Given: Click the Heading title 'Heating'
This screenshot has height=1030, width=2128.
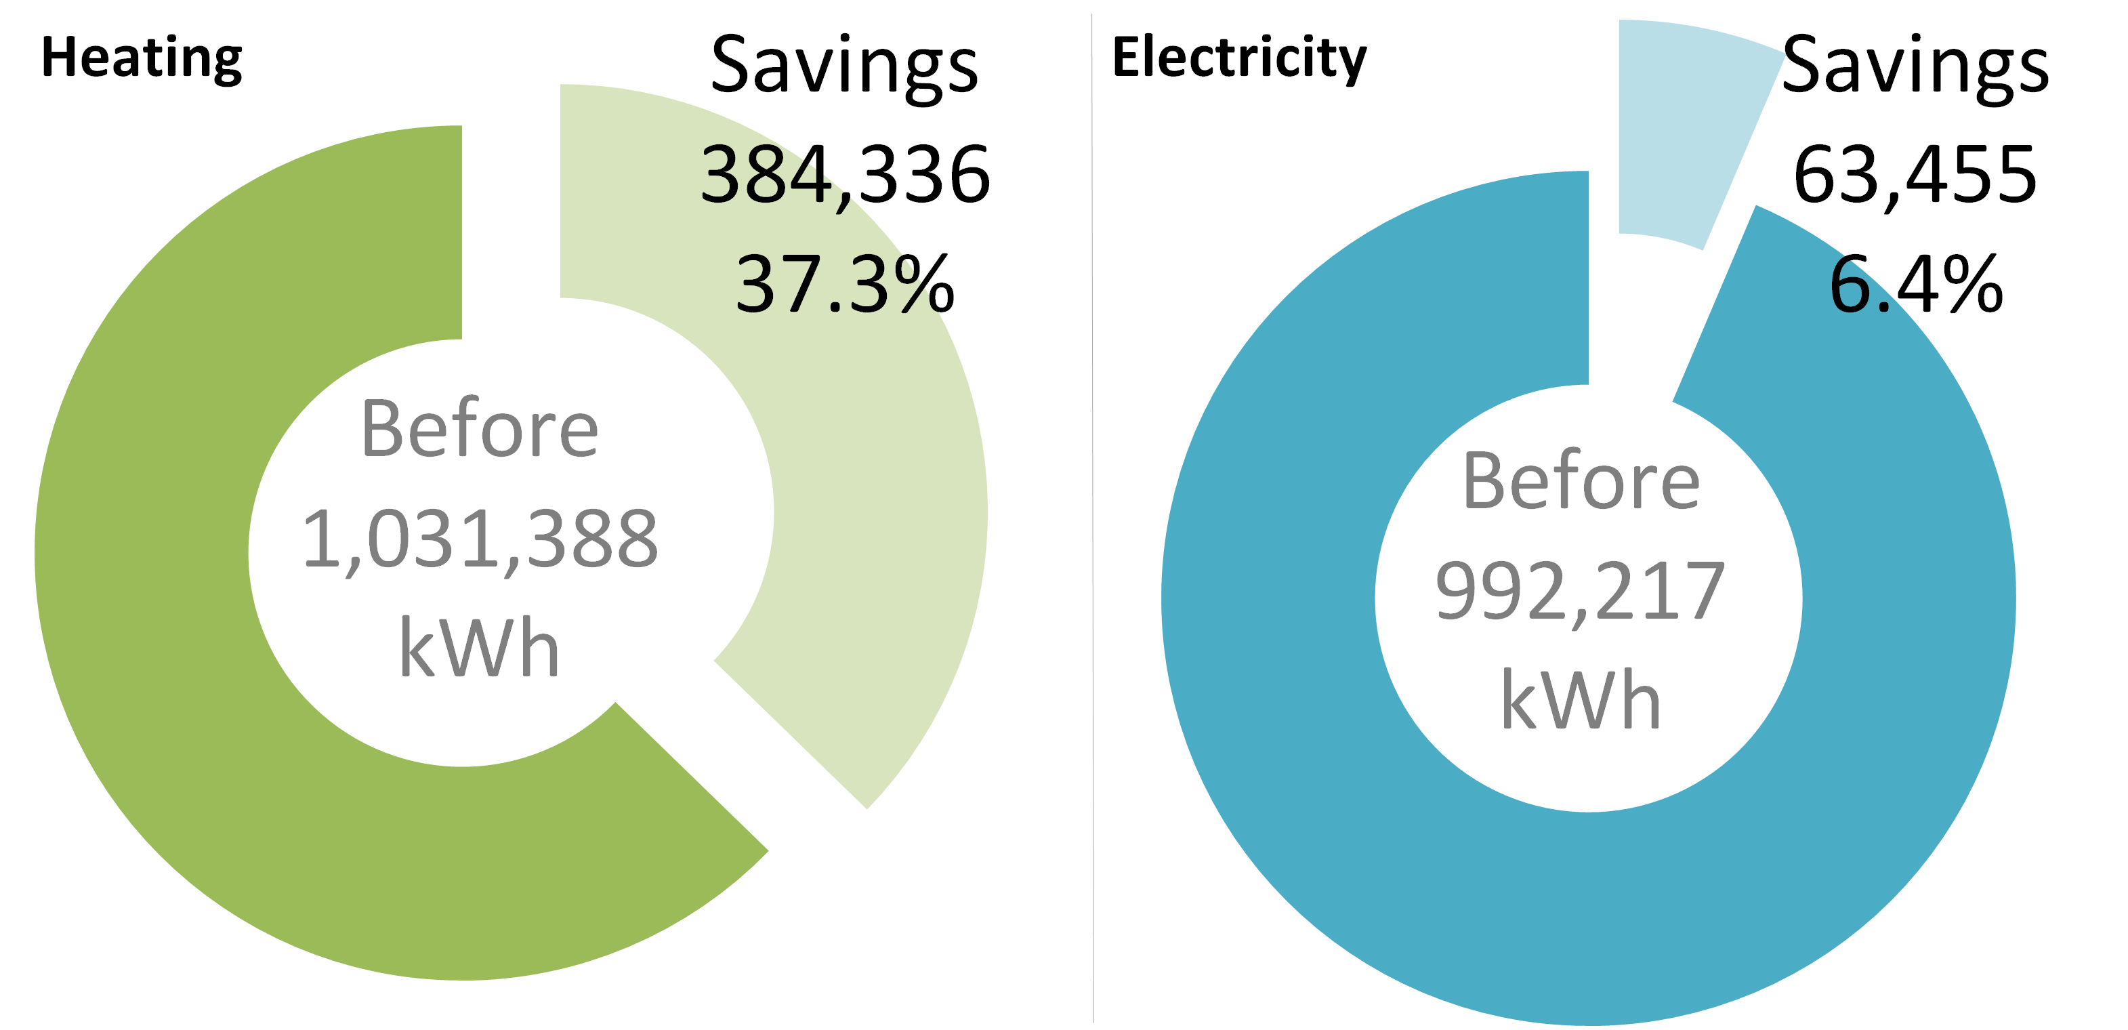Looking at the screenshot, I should [142, 58].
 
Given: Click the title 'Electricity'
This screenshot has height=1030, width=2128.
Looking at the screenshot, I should [1239, 58].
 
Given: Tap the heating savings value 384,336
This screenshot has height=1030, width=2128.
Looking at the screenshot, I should [844, 174].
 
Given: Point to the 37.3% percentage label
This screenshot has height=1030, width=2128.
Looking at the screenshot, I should [844, 285].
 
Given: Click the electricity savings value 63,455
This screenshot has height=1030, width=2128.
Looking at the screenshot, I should [1915, 174].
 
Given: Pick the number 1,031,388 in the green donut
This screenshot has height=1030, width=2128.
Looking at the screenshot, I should [480, 539].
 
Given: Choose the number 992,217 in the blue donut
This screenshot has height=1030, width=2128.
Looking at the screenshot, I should [1581, 592].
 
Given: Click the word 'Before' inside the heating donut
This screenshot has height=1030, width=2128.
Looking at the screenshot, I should [480, 429].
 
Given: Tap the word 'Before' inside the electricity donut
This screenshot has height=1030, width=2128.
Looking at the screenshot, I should [1581, 482].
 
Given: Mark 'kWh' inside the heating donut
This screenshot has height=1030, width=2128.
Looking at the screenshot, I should [480, 648].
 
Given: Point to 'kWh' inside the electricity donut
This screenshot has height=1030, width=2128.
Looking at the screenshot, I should [1581, 701].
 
